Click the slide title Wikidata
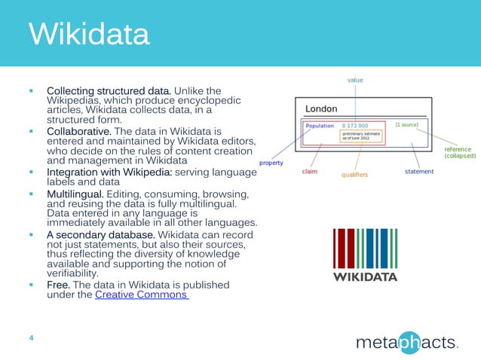88,35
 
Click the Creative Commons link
141,294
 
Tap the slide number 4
30,337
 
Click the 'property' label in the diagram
272,162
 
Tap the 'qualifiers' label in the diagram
354,174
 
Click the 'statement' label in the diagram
418,172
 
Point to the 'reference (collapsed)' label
458,152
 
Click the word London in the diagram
321,109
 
